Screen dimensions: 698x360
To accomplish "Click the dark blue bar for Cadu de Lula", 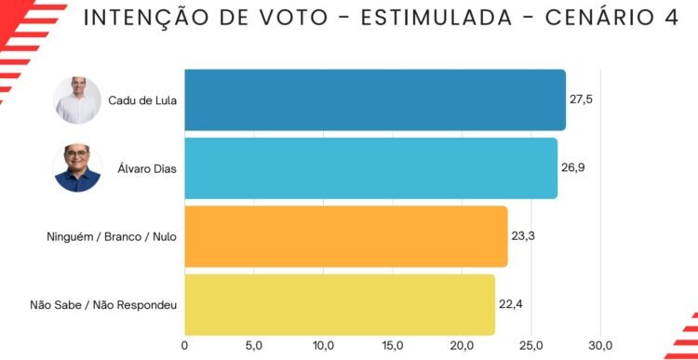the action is tap(375, 100).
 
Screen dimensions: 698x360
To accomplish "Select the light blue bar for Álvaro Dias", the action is tap(370, 168).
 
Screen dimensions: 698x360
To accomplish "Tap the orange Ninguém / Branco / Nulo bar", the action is tap(346, 236).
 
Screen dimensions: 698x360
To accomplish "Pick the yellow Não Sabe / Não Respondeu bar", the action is tap(340, 305).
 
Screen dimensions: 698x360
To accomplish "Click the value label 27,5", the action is tap(581, 100).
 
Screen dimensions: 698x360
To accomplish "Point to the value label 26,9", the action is tap(573, 167).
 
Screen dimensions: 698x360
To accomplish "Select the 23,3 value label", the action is tap(523, 236).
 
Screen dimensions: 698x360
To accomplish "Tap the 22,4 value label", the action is tap(511, 304).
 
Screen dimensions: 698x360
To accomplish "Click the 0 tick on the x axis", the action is tap(185, 345).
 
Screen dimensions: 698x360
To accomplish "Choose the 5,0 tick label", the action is tap(254, 346).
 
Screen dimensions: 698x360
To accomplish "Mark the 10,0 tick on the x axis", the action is tap(323, 346).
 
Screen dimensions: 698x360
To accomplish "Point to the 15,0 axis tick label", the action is tap(393, 346).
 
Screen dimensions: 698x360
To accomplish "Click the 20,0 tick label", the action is tap(462, 346).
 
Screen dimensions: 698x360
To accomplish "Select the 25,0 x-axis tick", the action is tap(531, 346).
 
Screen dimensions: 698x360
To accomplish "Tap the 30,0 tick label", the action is tap(601, 346).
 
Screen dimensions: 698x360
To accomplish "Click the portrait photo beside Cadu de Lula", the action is tap(77, 100).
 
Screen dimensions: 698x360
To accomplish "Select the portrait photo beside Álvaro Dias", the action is tap(77, 168).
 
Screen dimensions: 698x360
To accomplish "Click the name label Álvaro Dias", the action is tap(147, 168).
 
